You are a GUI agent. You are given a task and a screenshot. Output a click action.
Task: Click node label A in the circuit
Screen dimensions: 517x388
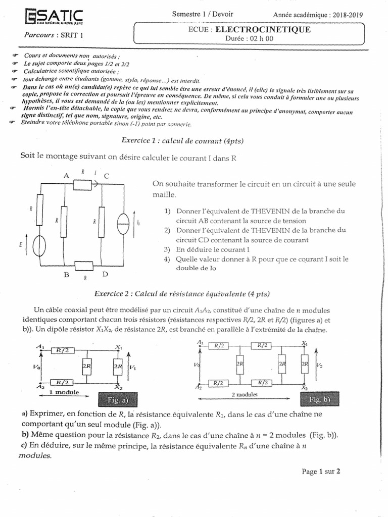coord(65,175)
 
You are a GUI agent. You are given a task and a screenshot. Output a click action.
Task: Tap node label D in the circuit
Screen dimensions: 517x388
coord(106,274)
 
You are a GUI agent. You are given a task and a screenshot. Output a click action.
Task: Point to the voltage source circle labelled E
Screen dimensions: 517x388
coord(39,246)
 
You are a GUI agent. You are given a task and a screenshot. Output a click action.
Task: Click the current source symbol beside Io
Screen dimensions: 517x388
coord(122,221)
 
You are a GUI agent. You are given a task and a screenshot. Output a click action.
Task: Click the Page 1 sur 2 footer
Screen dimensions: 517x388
coord(321,472)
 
